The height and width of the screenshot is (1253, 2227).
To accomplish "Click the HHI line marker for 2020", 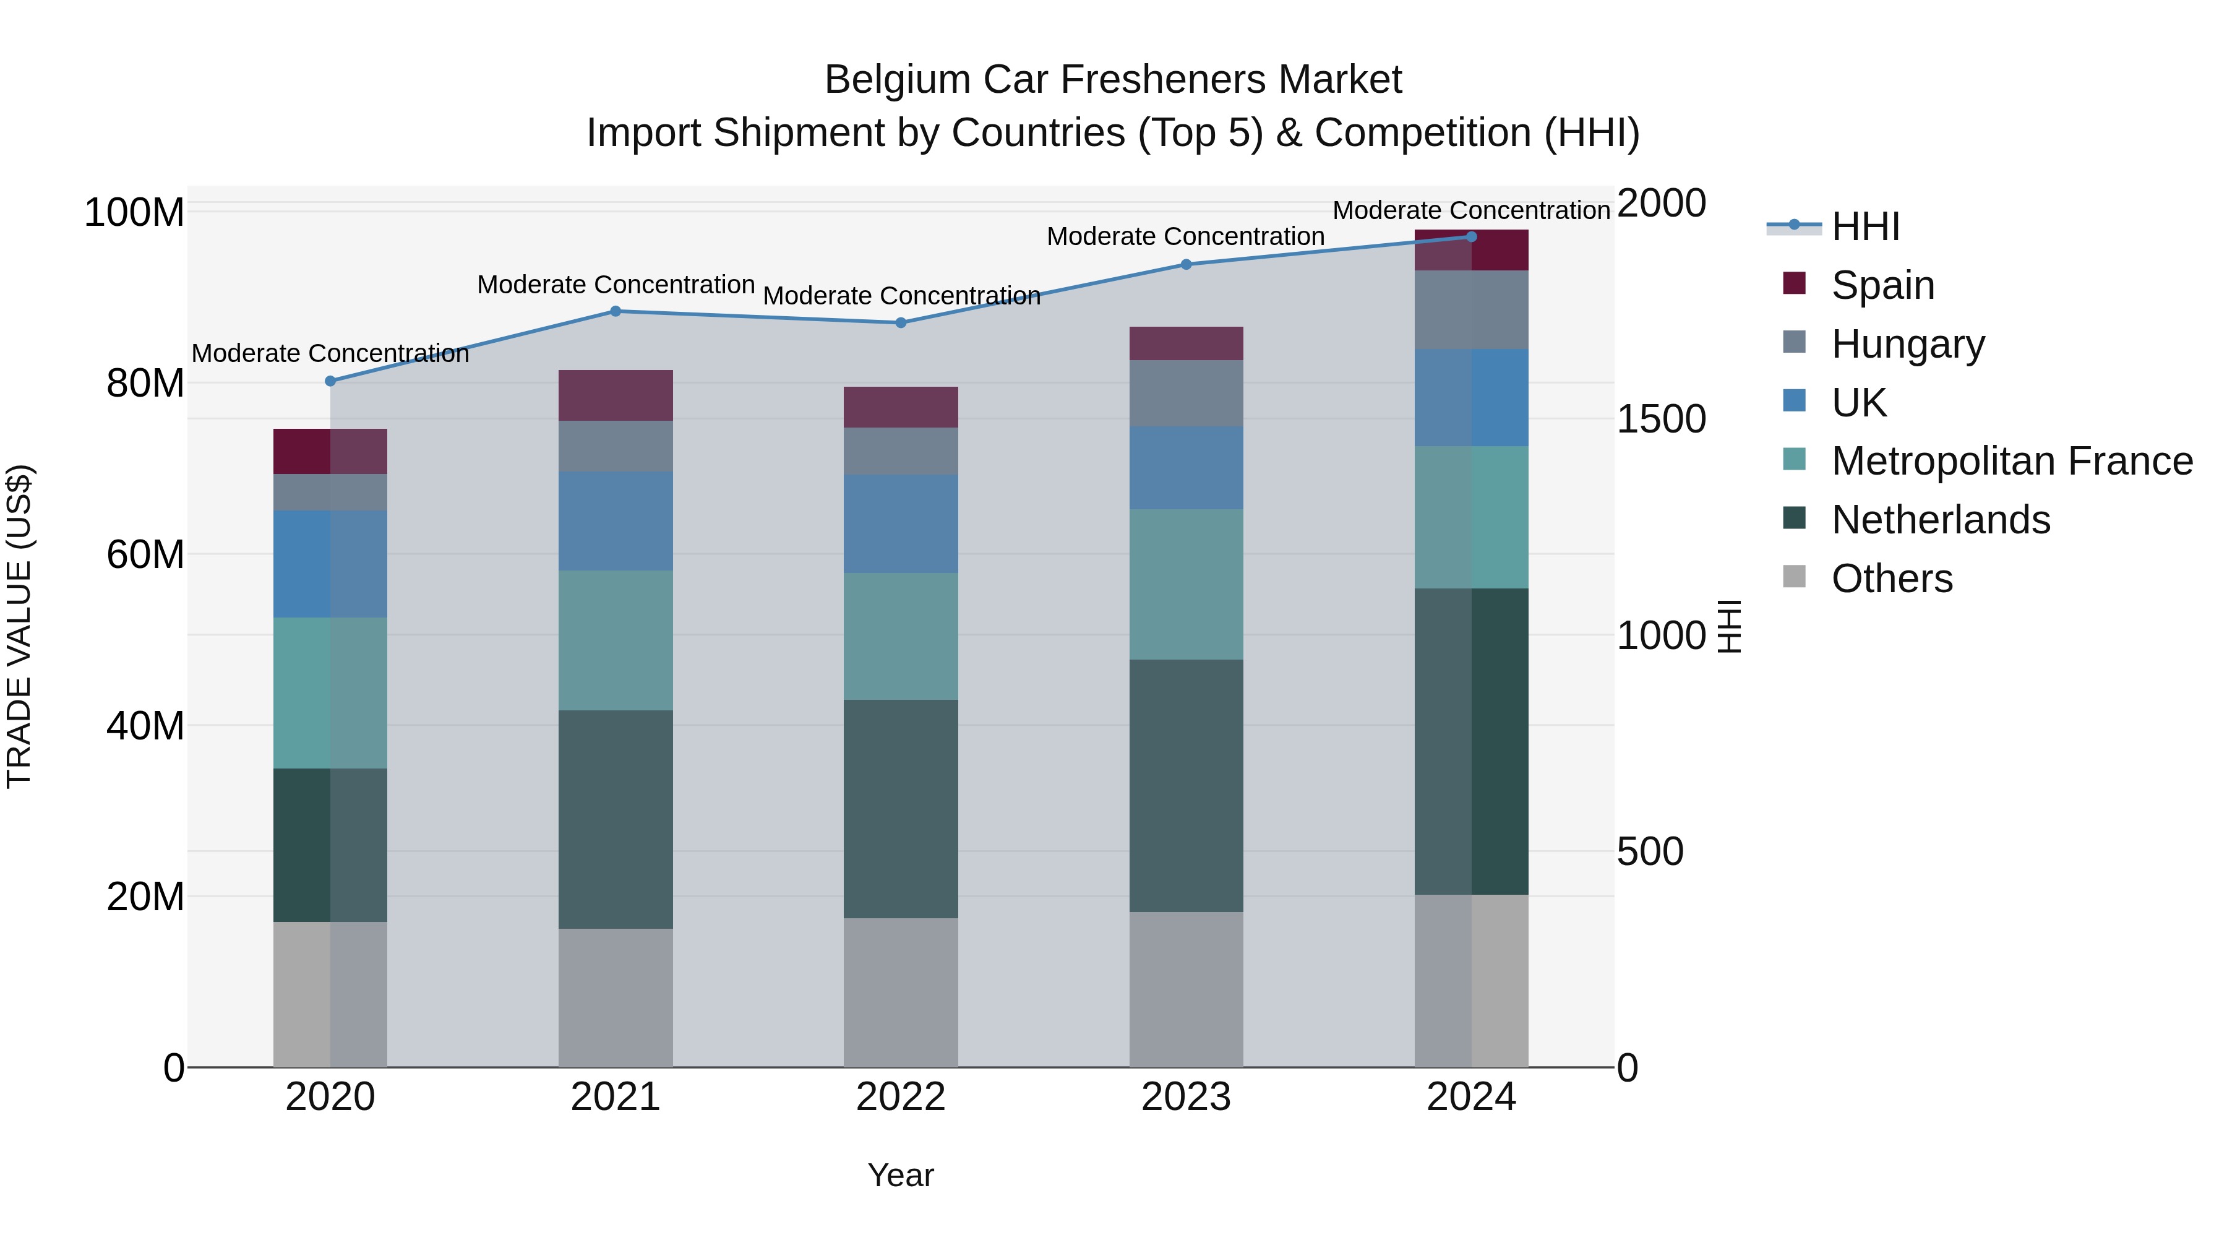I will point(330,381).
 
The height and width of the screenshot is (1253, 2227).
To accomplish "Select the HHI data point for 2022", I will point(901,322).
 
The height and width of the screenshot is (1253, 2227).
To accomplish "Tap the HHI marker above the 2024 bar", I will point(1472,237).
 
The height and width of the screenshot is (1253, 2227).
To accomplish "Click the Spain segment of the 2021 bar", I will point(616,395).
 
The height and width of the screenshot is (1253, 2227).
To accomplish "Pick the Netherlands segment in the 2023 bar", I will point(1186,785).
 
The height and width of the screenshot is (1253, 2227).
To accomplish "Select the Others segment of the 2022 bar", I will point(901,992).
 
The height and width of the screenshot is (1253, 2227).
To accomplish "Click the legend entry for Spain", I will point(1882,285).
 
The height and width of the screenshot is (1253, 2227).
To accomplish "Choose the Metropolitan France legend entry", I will point(2012,461).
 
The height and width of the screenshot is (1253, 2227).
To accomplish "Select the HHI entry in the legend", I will point(1864,226).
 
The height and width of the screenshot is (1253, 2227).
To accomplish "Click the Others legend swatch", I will point(1795,577).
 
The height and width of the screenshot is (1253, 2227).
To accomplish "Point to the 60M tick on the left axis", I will point(145,554).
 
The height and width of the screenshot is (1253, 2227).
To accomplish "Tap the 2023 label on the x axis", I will point(1186,1097).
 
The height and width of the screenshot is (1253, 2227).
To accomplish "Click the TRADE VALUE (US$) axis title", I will point(19,626).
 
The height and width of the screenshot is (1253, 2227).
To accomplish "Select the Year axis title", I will point(901,1175).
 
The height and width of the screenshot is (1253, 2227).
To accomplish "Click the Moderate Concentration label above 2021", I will point(616,285).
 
